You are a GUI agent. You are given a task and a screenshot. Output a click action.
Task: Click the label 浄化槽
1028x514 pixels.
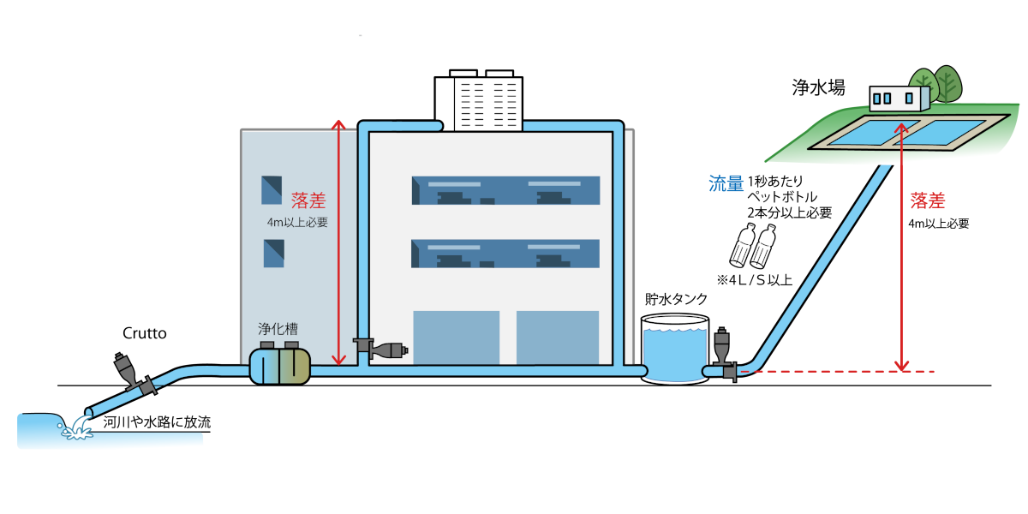click(x=278, y=329)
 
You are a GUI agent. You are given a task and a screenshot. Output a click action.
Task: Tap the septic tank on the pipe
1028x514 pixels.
click(x=279, y=364)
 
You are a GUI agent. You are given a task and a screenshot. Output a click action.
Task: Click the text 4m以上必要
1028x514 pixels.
click(x=297, y=223)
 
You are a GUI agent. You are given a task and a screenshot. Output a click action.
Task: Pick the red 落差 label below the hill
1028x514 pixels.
click(x=928, y=201)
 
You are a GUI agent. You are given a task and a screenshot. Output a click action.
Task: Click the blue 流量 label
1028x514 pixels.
click(x=726, y=183)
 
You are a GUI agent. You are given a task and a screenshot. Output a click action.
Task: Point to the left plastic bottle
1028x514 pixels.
click(x=742, y=245)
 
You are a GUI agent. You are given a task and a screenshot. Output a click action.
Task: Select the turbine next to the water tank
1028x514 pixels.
click(x=722, y=351)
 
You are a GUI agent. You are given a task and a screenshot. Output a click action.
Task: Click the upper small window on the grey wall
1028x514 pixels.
click(x=272, y=189)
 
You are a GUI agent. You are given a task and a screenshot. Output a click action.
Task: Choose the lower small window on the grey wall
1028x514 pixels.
click(x=273, y=253)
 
